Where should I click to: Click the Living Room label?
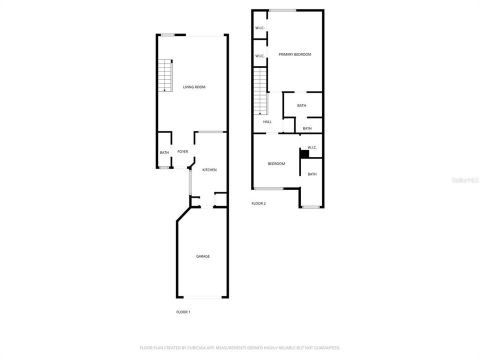(x=194, y=87)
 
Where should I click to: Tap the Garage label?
(x=202, y=256)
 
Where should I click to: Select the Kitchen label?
(x=209, y=170)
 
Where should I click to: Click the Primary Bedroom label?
(x=295, y=54)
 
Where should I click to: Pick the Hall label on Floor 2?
(x=267, y=121)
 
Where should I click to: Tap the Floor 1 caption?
(x=183, y=312)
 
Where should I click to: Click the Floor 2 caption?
(x=258, y=203)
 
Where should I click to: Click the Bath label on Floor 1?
(x=164, y=152)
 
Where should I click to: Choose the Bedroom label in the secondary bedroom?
(x=276, y=164)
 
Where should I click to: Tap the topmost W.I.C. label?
(x=259, y=27)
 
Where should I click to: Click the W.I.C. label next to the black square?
(x=312, y=147)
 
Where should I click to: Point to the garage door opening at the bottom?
(x=202, y=297)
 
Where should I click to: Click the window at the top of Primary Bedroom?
(x=282, y=10)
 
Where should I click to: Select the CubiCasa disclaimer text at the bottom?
(x=240, y=347)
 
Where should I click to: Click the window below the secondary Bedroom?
(x=268, y=188)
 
